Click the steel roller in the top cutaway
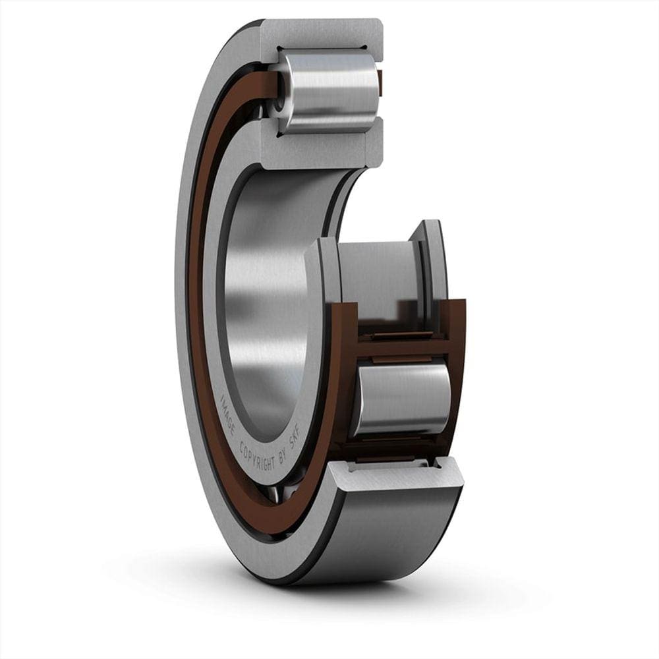tap(329, 90)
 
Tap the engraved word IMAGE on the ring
tap(229, 413)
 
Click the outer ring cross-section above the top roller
tap(323, 33)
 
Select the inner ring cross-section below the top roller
tap(323, 150)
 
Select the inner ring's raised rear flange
tap(432, 264)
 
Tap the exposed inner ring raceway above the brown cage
tap(376, 270)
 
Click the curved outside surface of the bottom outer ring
tap(395, 534)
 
